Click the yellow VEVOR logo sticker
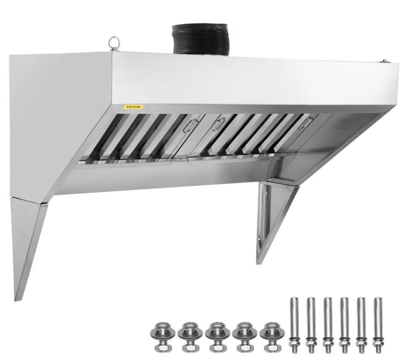pyautogui.click(x=133, y=107)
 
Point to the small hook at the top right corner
pyautogui.click(x=384, y=61)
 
